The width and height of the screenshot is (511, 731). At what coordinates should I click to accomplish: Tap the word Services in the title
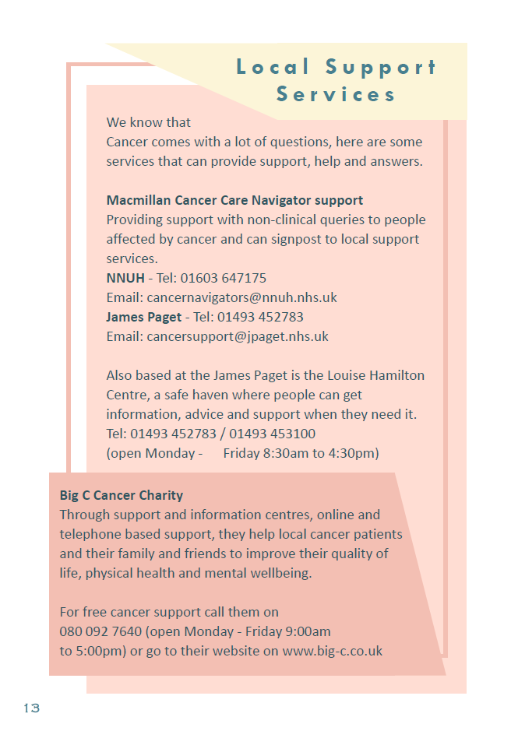coord(336,95)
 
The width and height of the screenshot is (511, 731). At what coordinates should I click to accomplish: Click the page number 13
coord(31,708)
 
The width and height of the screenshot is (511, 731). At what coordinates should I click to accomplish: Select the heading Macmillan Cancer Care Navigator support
coord(234,200)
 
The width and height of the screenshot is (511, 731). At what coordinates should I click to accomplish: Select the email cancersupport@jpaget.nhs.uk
coord(237,336)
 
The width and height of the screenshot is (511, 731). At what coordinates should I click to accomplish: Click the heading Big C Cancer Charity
coord(121,495)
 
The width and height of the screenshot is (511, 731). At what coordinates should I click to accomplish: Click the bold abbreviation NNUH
coord(125,278)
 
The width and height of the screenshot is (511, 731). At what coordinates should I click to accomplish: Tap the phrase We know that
coord(148,122)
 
